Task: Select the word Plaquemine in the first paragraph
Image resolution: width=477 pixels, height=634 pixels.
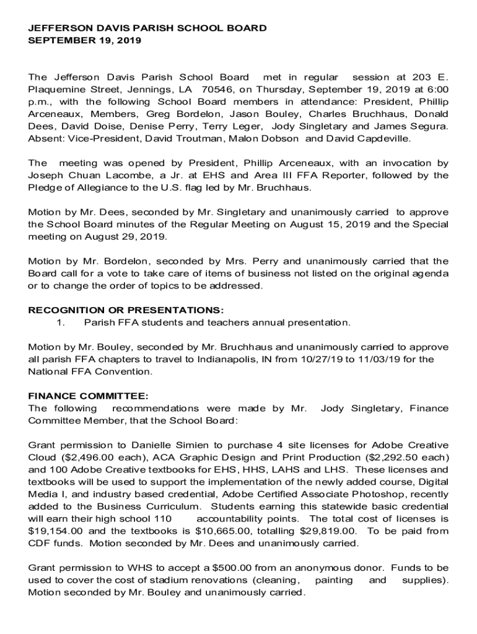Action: click(56, 89)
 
